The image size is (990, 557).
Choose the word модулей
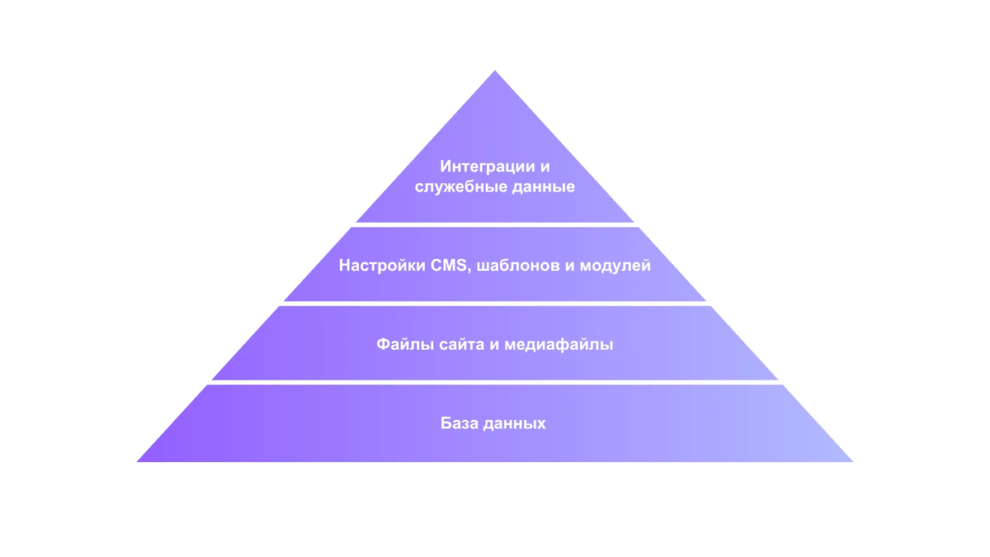coord(615,266)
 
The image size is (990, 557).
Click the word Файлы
coord(405,344)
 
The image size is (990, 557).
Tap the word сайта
coord(461,345)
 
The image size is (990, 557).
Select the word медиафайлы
coord(559,344)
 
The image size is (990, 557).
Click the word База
coord(460,423)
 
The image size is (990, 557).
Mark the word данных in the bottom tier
coord(515,424)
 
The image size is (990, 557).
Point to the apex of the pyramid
coord(495,71)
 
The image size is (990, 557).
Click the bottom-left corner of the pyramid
coord(138,461)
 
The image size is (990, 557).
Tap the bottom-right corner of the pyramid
coord(852,461)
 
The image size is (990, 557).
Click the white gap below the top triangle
coord(495,225)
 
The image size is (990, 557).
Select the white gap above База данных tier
coord(495,382)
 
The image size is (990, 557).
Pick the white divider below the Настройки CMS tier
coord(495,304)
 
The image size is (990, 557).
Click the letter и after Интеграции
coord(544,168)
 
